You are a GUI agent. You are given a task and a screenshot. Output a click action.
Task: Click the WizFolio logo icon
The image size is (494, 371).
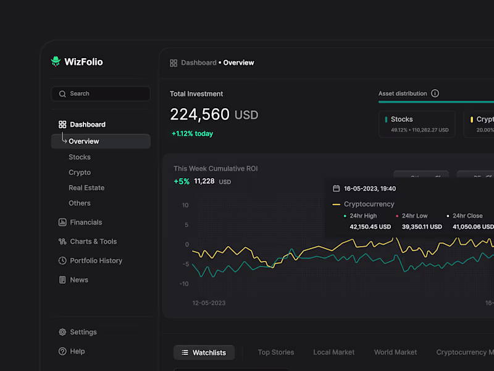click(56, 61)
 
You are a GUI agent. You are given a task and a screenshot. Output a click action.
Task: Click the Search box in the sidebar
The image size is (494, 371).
click(101, 94)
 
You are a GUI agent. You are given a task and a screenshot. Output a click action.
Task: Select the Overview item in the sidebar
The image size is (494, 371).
click(83, 141)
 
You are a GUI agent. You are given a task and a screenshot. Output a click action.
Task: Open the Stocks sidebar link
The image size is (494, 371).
click(80, 157)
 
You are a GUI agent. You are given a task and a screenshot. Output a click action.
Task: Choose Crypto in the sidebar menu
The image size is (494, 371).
click(80, 173)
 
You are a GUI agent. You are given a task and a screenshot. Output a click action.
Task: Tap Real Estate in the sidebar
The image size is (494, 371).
click(86, 188)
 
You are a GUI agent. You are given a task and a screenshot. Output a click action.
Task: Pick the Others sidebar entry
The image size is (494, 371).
click(80, 203)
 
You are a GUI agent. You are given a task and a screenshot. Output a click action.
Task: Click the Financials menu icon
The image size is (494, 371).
click(62, 223)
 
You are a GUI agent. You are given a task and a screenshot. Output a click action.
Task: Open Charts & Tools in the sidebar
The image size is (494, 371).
click(93, 242)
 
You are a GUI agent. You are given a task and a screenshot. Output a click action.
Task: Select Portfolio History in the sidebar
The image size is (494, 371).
click(96, 261)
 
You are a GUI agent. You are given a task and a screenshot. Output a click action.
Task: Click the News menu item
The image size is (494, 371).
click(79, 280)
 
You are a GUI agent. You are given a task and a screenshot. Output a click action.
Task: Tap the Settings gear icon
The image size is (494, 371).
click(62, 332)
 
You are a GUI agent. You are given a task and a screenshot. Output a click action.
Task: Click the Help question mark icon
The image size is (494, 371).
click(62, 351)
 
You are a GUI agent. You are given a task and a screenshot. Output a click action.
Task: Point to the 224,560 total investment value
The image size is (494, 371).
click(199, 114)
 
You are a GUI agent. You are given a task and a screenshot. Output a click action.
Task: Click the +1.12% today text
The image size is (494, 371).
click(192, 134)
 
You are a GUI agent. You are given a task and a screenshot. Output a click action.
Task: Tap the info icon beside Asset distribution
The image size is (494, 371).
click(435, 93)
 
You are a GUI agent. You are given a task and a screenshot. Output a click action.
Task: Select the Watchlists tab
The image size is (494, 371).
click(204, 352)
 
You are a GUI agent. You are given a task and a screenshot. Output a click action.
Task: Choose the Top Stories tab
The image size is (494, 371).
click(275, 352)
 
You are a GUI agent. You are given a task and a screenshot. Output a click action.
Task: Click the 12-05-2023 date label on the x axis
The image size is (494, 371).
click(209, 303)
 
